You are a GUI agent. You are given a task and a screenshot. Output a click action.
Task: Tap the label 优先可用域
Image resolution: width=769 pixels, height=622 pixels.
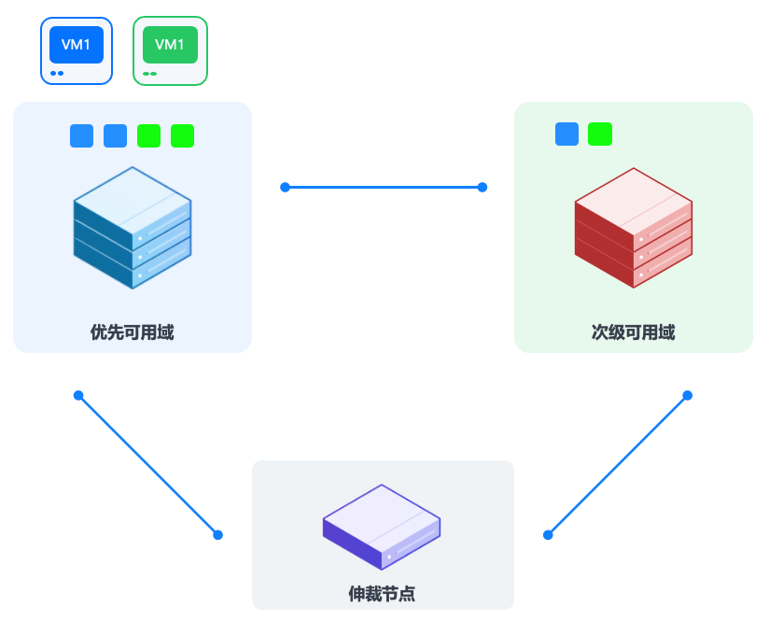pos(132,332)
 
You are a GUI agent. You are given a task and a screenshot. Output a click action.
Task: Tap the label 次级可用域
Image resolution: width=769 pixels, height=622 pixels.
pos(633,332)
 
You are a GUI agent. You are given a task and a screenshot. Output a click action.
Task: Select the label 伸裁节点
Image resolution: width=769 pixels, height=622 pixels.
pos(382,593)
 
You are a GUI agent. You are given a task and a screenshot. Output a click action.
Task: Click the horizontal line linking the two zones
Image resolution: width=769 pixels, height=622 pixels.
pos(384,187)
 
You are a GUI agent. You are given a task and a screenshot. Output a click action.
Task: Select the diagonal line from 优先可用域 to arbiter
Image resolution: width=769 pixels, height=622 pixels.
pos(148,465)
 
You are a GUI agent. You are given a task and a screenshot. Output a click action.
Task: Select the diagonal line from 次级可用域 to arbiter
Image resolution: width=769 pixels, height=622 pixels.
pos(618,465)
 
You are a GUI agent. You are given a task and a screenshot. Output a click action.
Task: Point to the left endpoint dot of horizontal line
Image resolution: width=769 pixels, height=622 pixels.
pos(285,187)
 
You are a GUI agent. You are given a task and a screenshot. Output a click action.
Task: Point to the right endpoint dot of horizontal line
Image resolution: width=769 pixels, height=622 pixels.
pos(482,187)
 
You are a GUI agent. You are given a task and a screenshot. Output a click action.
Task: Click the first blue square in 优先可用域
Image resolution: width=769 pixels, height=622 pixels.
pos(82,135)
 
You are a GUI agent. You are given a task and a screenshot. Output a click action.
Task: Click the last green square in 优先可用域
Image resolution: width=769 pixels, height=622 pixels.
pos(183,135)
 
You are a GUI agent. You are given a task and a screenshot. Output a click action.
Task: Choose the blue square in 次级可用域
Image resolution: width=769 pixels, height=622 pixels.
pos(566,134)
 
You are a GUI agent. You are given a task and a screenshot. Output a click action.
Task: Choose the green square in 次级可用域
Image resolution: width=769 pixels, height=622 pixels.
pos(600,134)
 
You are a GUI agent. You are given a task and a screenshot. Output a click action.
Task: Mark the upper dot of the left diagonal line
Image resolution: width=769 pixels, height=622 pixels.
pos(78,395)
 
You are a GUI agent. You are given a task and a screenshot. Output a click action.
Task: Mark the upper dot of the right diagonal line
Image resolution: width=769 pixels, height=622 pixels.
pos(688,395)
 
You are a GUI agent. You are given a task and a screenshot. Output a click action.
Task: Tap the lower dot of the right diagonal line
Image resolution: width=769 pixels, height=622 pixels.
pos(548,535)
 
